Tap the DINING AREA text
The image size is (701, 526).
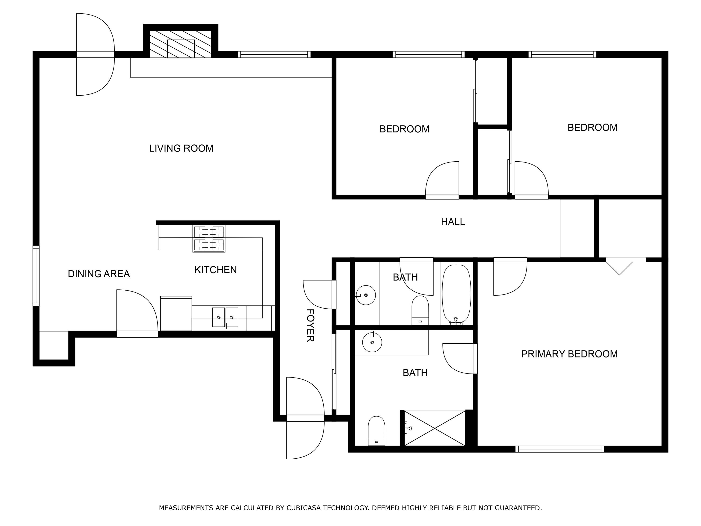tap(99, 274)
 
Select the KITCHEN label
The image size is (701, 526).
tap(215, 270)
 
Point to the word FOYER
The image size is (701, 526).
tap(310, 325)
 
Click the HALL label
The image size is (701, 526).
tap(453, 222)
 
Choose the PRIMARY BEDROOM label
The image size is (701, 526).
tap(569, 354)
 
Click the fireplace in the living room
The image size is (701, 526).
tap(180, 44)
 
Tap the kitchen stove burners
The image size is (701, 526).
tap(209, 238)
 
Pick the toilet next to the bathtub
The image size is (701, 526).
tap(420, 310)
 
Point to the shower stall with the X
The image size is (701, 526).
tap(434, 428)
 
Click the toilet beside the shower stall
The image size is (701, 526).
tap(376, 431)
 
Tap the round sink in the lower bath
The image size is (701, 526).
tap(372, 342)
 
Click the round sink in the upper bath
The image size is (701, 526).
tap(366, 295)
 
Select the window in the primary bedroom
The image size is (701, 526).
tap(559, 449)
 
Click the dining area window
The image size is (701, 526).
tap(36, 276)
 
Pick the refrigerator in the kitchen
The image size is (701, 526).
tap(176, 313)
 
